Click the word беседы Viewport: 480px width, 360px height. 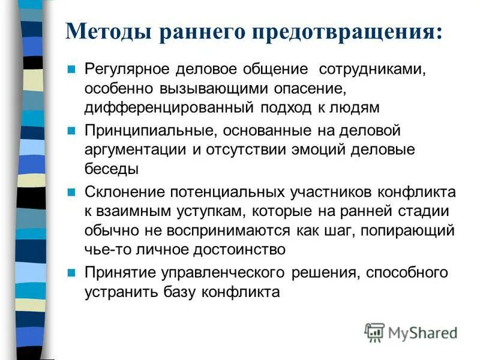pos(112,169)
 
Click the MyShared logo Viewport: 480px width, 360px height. pos(412,332)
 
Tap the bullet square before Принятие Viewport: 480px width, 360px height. pos(71,273)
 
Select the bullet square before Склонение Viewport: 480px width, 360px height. pos(71,192)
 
